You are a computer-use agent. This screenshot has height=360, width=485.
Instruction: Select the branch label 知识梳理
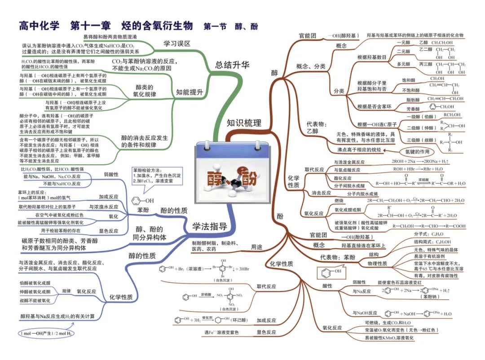(243, 123)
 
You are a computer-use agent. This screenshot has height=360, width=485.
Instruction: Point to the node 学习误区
(176, 44)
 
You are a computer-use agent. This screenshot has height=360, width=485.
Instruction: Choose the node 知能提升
(190, 92)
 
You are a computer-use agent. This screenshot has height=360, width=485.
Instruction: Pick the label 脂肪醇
(413, 100)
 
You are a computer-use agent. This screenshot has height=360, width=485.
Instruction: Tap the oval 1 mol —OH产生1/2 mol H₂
(45, 334)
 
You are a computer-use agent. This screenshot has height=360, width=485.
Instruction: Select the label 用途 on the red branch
(256, 246)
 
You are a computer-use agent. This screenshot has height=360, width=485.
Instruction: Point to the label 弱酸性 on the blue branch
(111, 174)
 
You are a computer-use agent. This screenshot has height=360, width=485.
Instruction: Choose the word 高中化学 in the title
(39, 26)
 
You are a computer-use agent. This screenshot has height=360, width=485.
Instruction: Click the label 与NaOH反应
(365, 313)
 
